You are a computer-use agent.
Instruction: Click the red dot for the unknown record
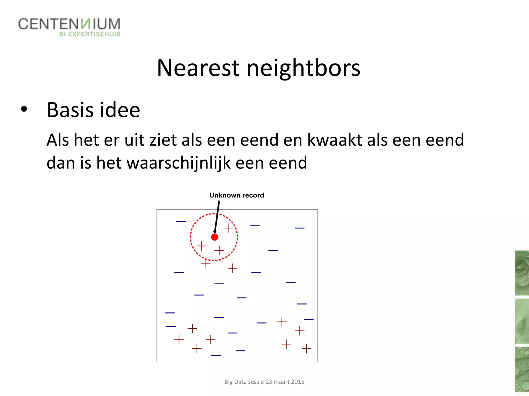coord(215,237)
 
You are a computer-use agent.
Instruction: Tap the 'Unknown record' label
coord(237,195)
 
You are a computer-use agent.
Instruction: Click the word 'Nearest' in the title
coord(198,68)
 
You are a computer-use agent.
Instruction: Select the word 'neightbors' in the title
coord(304,68)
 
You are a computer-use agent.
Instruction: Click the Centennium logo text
coord(69,24)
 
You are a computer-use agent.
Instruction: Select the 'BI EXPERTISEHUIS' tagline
coord(90,34)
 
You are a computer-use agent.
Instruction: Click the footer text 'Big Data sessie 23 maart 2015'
coord(264,382)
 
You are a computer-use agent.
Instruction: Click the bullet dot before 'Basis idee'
coord(24,109)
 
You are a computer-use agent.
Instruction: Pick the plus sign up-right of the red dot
coord(228,228)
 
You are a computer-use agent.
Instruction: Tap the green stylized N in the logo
coord(85,24)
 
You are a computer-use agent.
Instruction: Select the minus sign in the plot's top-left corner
coord(181,221)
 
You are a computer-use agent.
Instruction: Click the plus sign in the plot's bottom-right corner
coord(306,349)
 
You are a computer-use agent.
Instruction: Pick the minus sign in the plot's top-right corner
coord(300,228)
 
